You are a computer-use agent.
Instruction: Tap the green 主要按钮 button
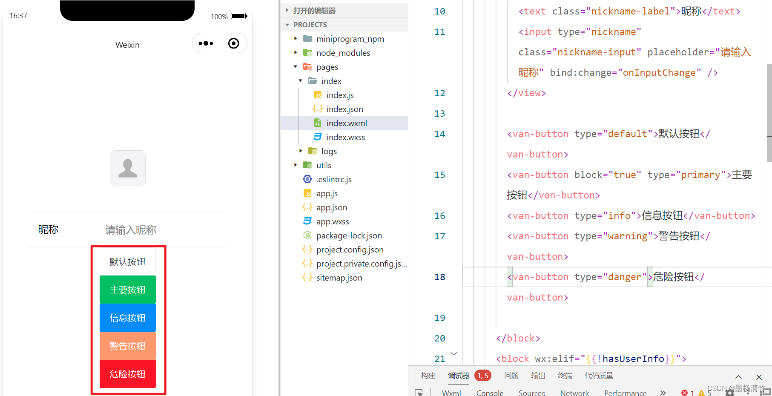point(127,290)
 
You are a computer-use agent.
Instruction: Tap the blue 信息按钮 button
point(127,318)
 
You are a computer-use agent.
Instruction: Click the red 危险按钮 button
point(127,374)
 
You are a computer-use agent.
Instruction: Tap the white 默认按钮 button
point(127,261)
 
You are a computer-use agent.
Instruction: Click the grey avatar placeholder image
point(128,168)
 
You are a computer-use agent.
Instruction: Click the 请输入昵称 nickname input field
point(131,230)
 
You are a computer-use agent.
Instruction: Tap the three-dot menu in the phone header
point(206,43)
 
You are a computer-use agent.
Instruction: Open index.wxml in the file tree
point(346,123)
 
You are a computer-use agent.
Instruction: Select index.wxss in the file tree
point(345,137)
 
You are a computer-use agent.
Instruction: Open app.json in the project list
point(331,207)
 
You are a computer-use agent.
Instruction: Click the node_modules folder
point(343,53)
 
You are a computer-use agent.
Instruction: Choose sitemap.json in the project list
point(339,278)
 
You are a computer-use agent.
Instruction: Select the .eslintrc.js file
point(334,179)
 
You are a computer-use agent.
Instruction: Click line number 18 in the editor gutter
point(439,277)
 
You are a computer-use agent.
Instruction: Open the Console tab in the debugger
point(490,393)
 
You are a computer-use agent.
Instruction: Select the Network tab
point(574,393)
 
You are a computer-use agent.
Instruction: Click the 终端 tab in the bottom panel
point(565,376)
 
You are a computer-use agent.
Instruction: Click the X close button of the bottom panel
point(759,377)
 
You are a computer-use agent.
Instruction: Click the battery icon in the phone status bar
point(239,16)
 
